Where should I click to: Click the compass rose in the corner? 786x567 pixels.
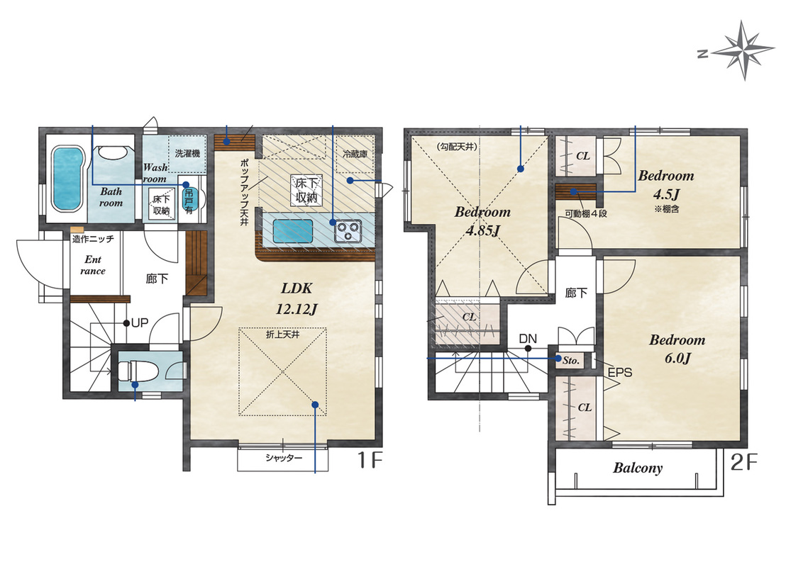point(743,50)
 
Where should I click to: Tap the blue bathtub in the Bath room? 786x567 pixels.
point(67,179)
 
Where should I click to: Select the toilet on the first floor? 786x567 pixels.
point(139,371)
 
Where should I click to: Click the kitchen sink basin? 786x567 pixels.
point(293,232)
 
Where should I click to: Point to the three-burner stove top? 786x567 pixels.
point(348,232)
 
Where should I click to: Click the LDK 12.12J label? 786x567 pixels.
point(297,299)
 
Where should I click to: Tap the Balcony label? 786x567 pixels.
point(638,468)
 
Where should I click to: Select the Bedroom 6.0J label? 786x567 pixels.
point(677,349)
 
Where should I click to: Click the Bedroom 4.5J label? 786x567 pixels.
point(666,184)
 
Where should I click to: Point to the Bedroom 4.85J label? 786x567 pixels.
point(482,221)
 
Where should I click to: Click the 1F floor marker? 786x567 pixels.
point(370,460)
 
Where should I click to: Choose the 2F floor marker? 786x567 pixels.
point(743,462)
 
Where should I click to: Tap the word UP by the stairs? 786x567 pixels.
point(139,323)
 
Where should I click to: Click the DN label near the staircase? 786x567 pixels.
point(527,339)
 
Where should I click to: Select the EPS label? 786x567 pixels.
point(619,373)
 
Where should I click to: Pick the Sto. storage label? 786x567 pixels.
point(571,360)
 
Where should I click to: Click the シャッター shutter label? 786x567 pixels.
point(284,458)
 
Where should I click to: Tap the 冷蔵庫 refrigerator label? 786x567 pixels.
point(355,154)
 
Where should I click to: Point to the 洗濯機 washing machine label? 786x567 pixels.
point(187,153)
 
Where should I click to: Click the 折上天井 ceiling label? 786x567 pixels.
point(283,334)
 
